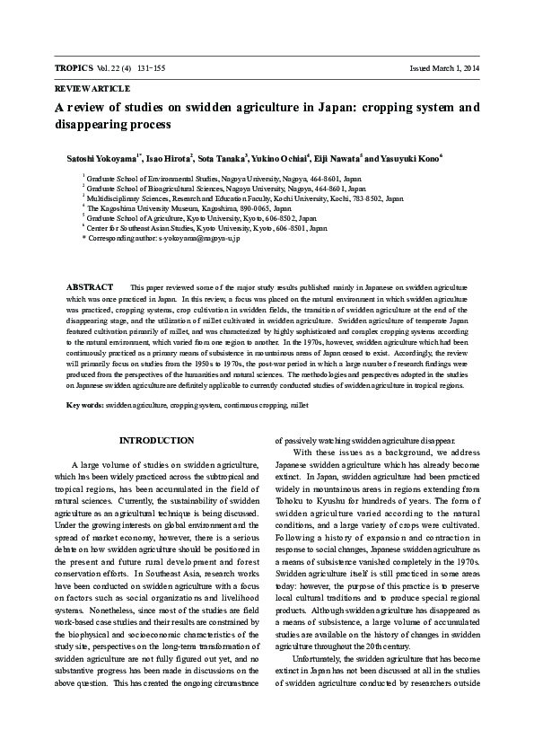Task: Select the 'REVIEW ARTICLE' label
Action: [92, 89]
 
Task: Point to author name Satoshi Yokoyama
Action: [99, 158]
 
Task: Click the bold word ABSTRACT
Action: [90, 286]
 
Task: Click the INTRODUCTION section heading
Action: [156, 440]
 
